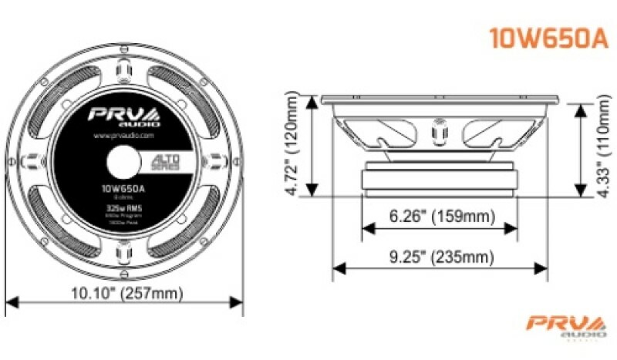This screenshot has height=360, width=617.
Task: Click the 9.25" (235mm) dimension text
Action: coord(440,257)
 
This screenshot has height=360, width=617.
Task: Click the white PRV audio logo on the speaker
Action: coord(123,116)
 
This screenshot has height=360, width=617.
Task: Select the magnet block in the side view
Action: coord(440,178)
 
